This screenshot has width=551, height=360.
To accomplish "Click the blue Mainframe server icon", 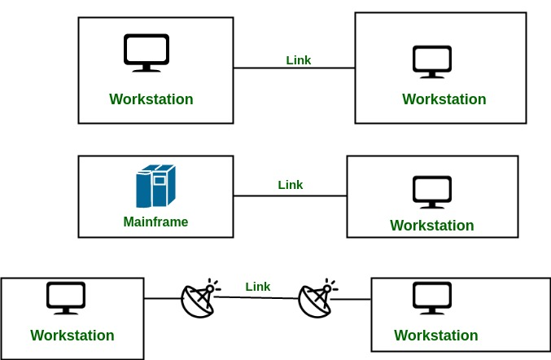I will click(155, 187).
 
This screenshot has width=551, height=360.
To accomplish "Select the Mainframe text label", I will click(155, 222).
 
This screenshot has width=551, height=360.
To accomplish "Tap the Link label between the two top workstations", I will click(299, 60).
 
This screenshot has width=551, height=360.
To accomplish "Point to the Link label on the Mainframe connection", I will click(291, 185).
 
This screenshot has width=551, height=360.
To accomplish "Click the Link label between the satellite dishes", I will click(258, 287).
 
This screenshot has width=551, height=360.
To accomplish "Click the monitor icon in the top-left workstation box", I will click(146, 51).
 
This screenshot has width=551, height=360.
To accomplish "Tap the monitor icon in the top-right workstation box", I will click(432, 61).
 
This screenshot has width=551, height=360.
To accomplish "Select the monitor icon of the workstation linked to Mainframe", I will click(432, 191).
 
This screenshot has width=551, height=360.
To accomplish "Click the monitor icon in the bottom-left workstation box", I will click(67, 298).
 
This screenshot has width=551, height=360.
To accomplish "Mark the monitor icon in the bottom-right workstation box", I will click(432, 298).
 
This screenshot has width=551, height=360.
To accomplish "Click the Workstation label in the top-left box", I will click(151, 99).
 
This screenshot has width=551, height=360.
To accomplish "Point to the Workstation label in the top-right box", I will click(444, 99).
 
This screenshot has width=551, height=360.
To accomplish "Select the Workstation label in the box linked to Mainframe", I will click(432, 226).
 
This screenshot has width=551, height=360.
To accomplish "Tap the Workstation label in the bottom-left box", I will click(72, 336).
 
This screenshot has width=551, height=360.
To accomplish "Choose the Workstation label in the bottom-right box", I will click(436, 336).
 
